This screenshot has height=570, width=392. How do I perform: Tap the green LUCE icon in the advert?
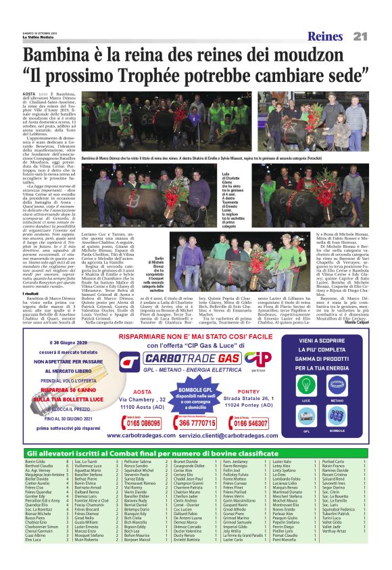click(307, 387)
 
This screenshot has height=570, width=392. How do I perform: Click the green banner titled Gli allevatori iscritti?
click(196, 452)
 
